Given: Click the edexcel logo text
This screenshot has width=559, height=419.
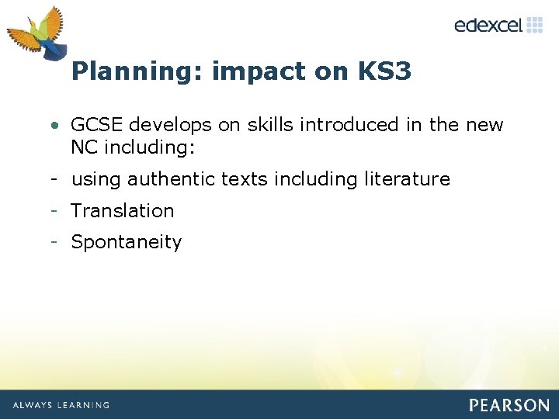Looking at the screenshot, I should (x=488, y=25).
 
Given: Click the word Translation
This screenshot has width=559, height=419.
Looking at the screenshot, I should (x=123, y=210).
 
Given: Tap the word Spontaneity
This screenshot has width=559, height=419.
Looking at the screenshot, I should (x=127, y=242).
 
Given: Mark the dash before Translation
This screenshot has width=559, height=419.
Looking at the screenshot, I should (x=54, y=210).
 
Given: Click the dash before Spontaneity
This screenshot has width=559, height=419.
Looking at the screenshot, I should (x=54, y=241).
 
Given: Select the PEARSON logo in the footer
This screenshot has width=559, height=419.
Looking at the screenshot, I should (x=509, y=405).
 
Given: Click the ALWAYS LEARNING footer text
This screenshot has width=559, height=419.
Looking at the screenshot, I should (x=61, y=405).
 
